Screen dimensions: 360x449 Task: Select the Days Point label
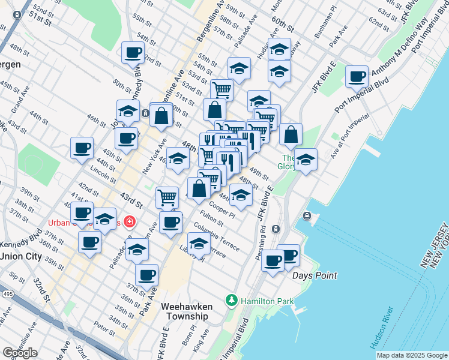(x=315, y=275)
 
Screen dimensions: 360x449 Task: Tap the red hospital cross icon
(x=130, y=222)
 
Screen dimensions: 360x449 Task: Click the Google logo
(x=20, y=353)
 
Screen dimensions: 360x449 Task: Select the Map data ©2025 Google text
(x=412, y=355)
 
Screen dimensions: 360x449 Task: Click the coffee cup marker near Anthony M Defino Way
(x=357, y=77)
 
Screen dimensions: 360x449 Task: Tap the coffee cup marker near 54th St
(x=133, y=52)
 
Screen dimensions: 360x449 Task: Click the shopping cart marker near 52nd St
(x=221, y=90)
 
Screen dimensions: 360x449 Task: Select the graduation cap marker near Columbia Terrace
(x=199, y=244)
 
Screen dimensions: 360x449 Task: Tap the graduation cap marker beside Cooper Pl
(x=241, y=195)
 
